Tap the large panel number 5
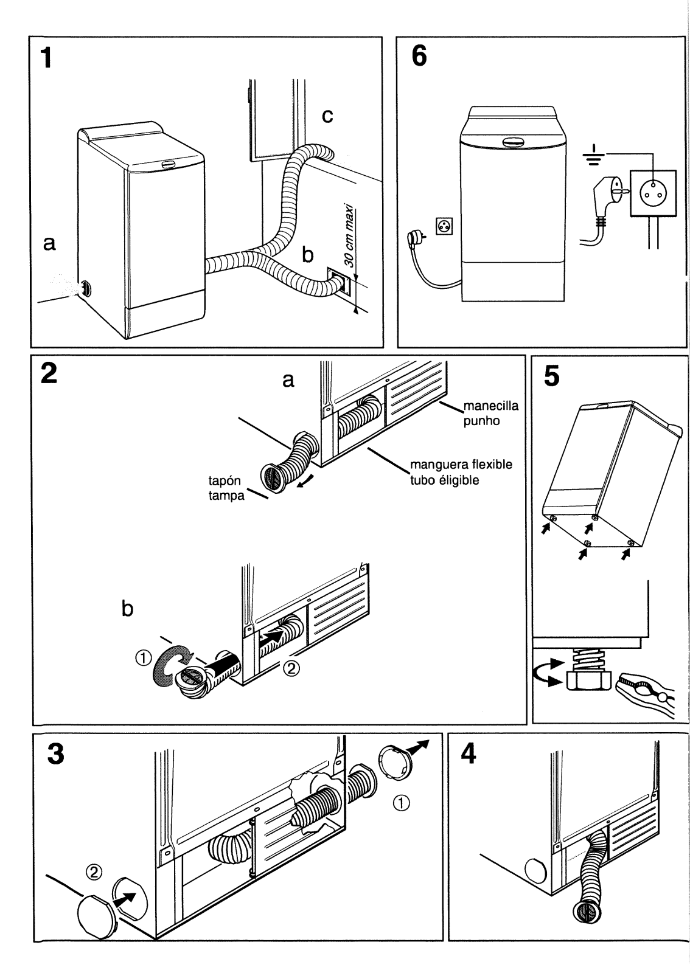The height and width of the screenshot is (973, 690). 551,376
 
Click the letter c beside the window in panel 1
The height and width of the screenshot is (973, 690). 327,116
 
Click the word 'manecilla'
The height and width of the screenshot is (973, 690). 490,406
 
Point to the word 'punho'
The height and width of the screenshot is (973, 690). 481,420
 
